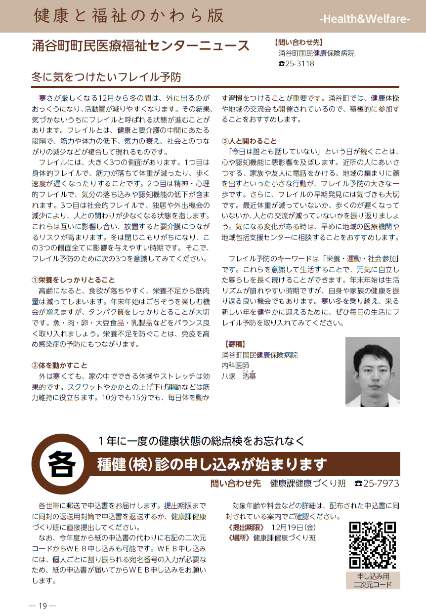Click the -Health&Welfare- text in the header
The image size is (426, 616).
click(x=365, y=19)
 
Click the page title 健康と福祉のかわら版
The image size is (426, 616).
click(x=128, y=16)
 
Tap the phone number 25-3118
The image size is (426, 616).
click(x=299, y=64)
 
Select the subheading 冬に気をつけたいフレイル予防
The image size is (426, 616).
click(x=106, y=77)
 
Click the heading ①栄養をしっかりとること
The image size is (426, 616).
click(x=73, y=279)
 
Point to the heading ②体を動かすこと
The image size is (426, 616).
click(x=60, y=365)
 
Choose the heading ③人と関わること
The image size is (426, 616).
click(x=250, y=141)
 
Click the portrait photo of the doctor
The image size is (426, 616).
click(x=372, y=371)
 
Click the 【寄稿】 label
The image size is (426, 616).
click(x=235, y=343)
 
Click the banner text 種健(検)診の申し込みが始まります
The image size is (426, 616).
click(x=213, y=465)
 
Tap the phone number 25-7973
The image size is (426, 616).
click(x=381, y=483)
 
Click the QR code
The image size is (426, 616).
click(x=373, y=545)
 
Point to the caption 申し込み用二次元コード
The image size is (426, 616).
click(x=373, y=580)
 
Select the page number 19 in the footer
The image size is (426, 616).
click(x=43, y=606)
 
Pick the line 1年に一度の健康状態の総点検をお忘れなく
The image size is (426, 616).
click(x=201, y=440)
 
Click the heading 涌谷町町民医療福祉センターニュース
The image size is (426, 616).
click(x=141, y=46)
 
